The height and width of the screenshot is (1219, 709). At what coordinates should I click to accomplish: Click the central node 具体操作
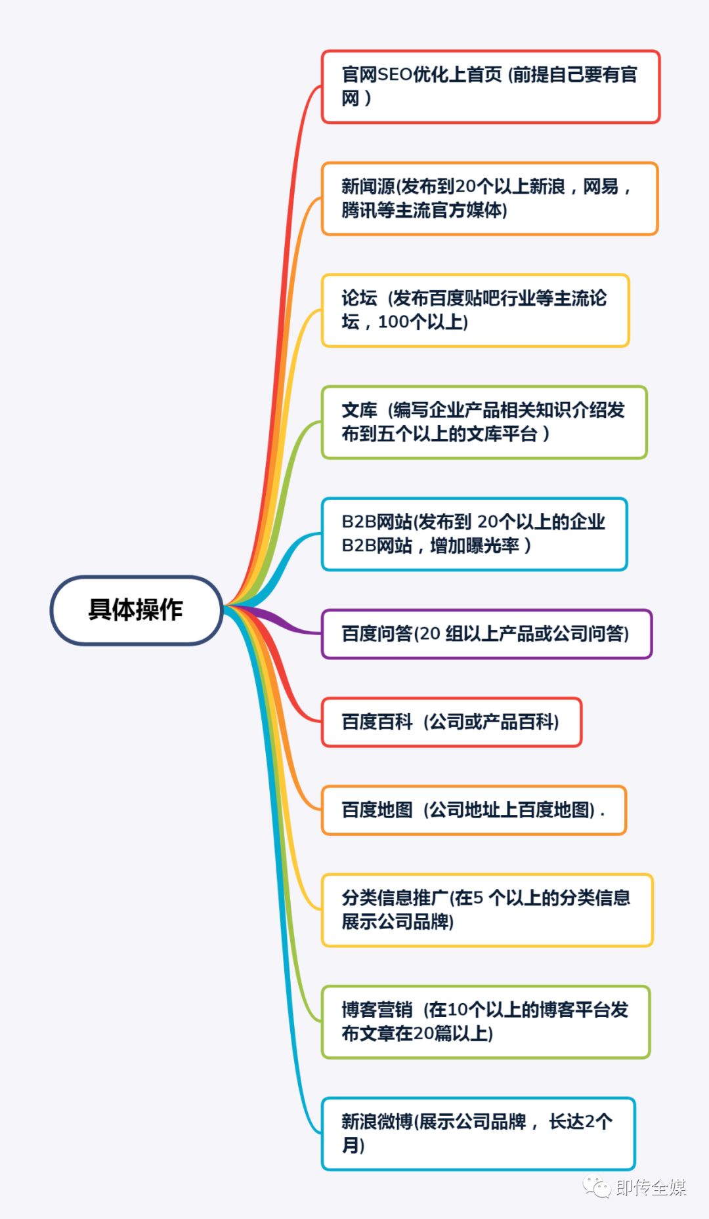[x=137, y=610]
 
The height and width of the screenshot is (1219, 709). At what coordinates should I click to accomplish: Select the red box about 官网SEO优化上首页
[x=490, y=87]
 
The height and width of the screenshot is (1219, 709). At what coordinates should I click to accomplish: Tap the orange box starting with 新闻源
[x=489, y=198]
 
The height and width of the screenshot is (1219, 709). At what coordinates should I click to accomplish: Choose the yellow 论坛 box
[x=475, y=310]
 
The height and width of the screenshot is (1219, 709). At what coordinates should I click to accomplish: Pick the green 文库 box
[x=484, y=422]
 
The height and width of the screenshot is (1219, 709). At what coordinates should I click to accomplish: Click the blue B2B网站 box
[x=474, y=533]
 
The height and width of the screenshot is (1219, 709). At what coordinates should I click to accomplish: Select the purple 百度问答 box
[x=486, y=634]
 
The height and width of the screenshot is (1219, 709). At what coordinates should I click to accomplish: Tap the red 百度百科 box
[x=451, y=722]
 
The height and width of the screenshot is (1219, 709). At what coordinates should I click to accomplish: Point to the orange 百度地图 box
[x=473, y=810]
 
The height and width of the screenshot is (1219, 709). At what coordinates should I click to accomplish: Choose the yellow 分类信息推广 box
[x=486, y=909]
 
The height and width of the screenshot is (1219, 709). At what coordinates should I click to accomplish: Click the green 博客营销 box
[x=485, y=1022]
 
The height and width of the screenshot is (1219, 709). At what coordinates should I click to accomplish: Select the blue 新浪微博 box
[x=478, y=1133]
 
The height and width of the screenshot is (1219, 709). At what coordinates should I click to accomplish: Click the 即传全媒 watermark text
[x=651, y=1188]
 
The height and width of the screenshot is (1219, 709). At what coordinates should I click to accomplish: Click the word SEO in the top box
[x=395, y=75]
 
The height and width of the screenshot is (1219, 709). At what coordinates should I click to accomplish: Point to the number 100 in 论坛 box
[x=394, y=322]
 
